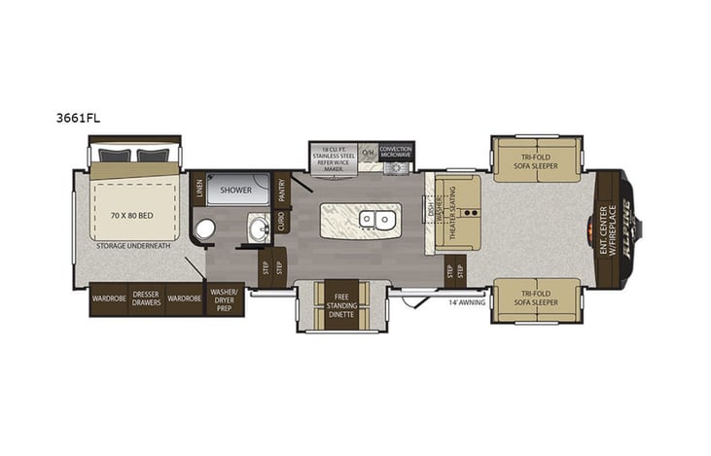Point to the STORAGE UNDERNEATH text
[x=135, y=246]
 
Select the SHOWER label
[x=236, y=190]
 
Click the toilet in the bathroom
[x=205, y=229]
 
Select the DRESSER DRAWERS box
[x=146, y=298]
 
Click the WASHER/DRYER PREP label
[x=225, y=298]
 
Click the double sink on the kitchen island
[x=376, y=220]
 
